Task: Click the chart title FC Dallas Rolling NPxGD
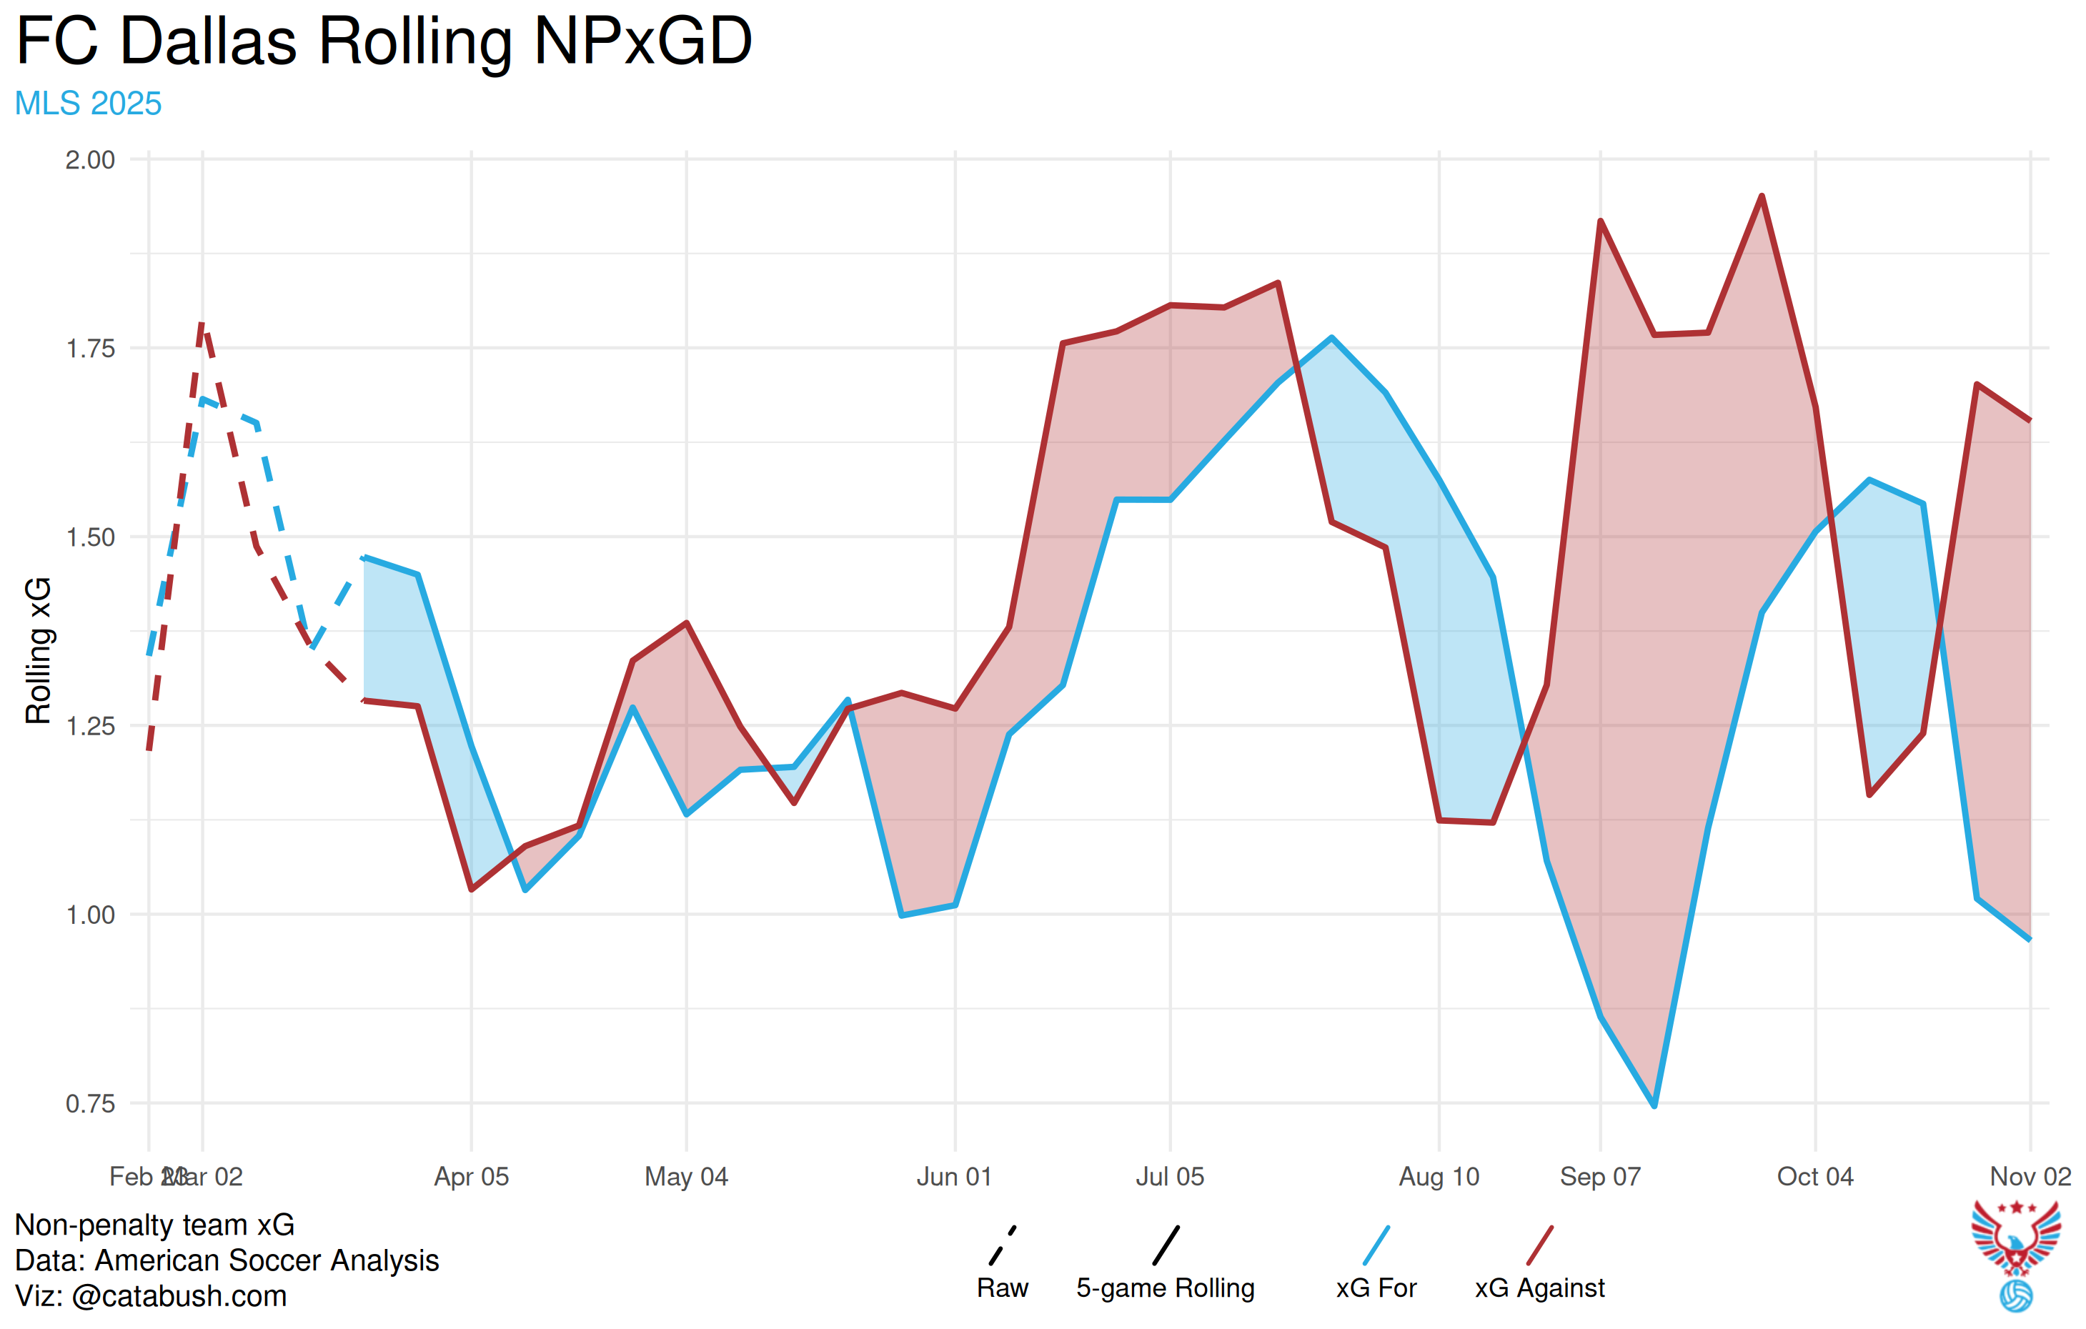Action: (384, 41)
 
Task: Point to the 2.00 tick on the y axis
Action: (90, 160)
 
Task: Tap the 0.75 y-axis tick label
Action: (90, 1104)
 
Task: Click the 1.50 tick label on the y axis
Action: (90, 537)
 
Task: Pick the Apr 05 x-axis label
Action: (471, 1177)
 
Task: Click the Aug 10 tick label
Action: (1439, 1177)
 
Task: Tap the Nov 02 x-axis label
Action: (2030, 1177)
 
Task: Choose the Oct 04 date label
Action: (1815, 1177)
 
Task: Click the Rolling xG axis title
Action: (38, 649)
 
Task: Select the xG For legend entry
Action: (1376, 1288)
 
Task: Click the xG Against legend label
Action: (1539, 1288)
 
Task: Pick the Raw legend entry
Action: (1003, 1288)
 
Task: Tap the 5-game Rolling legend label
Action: (1165, 1288)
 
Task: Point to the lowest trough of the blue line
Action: (1654, 1106)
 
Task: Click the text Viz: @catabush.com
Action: (151, 1296)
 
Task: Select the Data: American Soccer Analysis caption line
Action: (227, 1260)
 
